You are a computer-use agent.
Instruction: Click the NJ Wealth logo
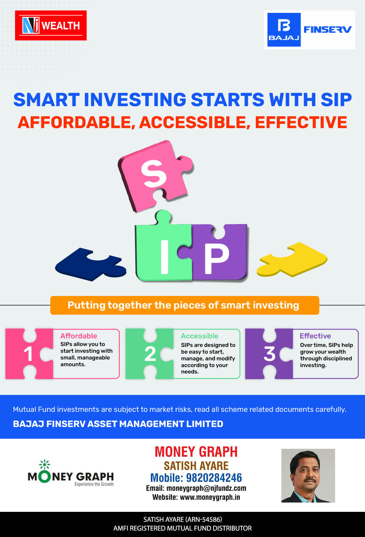51,25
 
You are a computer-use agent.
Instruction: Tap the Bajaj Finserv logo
310,30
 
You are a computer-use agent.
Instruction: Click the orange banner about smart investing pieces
185,305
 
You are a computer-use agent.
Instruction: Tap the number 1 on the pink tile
28,354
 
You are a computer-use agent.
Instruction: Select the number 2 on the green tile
150,354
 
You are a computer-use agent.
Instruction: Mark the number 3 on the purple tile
270,354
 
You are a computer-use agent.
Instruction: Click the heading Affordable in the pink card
79,336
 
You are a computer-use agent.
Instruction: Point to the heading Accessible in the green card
199,336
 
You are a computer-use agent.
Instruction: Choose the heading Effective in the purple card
315,336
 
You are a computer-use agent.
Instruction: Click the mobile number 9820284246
214,478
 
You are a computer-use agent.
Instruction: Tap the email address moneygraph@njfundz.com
206,488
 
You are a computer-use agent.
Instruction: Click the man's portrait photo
308,476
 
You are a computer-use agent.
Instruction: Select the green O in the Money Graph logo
44,477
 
